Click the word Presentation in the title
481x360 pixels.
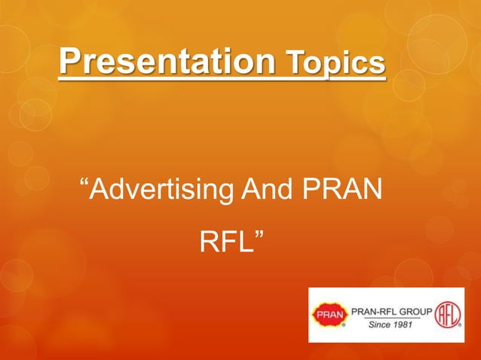tap(166, 61)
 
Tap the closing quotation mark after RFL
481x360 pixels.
tap(260, 236)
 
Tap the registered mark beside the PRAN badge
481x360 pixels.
tap(345, 328)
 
